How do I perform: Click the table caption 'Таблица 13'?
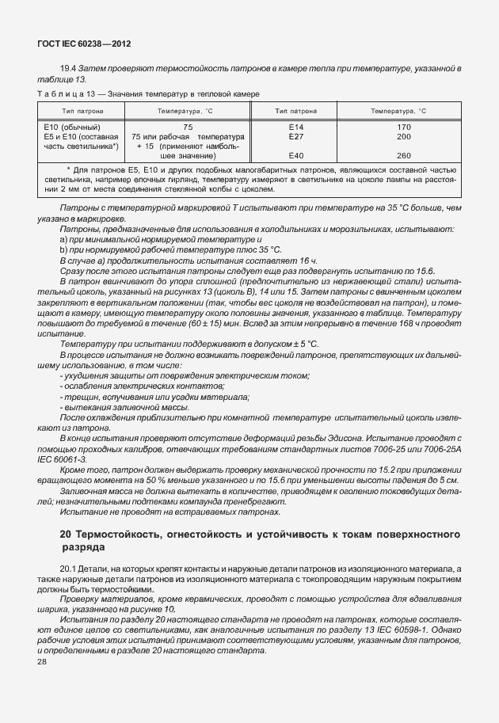pyautogui.click(x=63, y=93)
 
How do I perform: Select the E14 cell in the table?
pyautogui.click(x=296, y=127)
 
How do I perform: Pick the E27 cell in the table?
pyautogui.click(x=296, y=136)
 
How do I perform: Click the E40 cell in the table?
pyautogui.click(x=296, y=155)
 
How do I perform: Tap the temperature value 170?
pyautogui.click(x=403, y=127)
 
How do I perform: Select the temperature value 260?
pyautogui.click(x=403, y=155)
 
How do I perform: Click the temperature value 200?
pyautogui.click(x=403, y=136)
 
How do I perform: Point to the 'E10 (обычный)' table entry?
pyautogui.click(x=71, y=127)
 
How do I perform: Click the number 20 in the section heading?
pyautogui.click(x=67, y=535)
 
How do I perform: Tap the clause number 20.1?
pyautogui.click(x=67, y=569)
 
